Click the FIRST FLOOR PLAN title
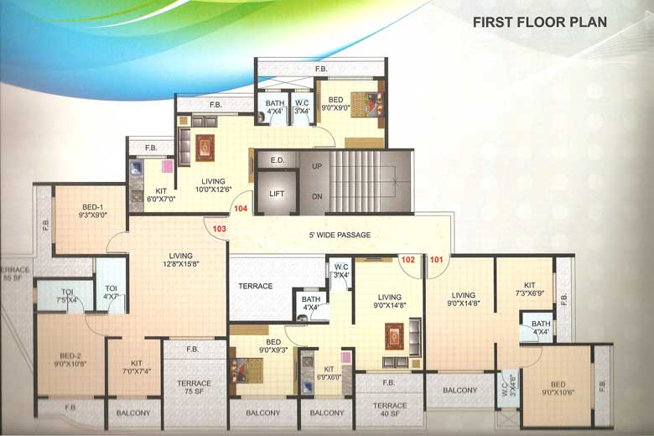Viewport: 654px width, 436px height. pos(540,22)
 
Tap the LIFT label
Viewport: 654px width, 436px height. pos(278,194)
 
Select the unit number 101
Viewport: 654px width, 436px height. pos(436,260)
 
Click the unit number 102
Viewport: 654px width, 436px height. pos(408,260)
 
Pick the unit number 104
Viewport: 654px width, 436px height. pos(241,208)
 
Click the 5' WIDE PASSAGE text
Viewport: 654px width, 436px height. pos(339,235)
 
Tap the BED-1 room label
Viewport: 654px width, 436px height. pos(91,210)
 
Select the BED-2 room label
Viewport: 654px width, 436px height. pos(52,359)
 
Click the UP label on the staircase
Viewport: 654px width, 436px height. pos(318,166)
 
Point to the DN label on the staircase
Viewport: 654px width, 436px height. pos(318,196)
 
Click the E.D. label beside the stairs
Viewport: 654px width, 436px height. pos(278,158)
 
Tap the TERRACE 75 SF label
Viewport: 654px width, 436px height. pos(194,387)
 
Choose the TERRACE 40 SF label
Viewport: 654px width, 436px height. pos(389,410)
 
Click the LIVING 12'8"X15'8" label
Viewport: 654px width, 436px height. pos(180,260)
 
